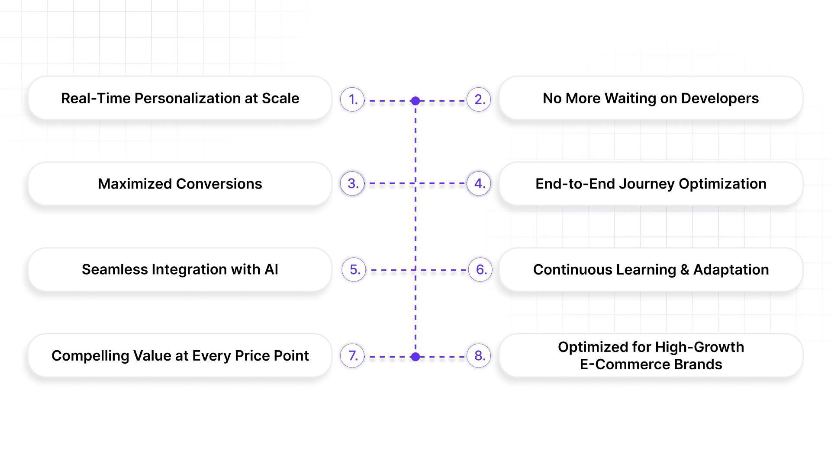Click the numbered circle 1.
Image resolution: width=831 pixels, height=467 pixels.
(352, 99)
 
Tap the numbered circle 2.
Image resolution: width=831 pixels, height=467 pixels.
(479, 99)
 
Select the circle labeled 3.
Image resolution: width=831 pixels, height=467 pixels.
(352, 183)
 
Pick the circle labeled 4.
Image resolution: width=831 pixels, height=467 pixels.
(479, 183)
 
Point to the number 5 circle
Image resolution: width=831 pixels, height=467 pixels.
(354, 269)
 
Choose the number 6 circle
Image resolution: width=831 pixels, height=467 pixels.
(480, 269)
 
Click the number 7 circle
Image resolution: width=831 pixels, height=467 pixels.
(352, 355)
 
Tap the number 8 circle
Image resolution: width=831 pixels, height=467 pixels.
(479, 355)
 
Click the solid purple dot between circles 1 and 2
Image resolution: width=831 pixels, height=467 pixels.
(415, 101)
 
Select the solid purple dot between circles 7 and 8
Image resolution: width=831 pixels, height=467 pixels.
(415, 357)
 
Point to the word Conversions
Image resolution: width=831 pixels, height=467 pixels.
(219, 184)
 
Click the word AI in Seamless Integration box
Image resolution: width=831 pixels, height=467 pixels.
(271, 269)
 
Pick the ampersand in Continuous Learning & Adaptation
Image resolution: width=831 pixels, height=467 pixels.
(685, 270)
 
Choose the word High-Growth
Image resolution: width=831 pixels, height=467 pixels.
(699, 347)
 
